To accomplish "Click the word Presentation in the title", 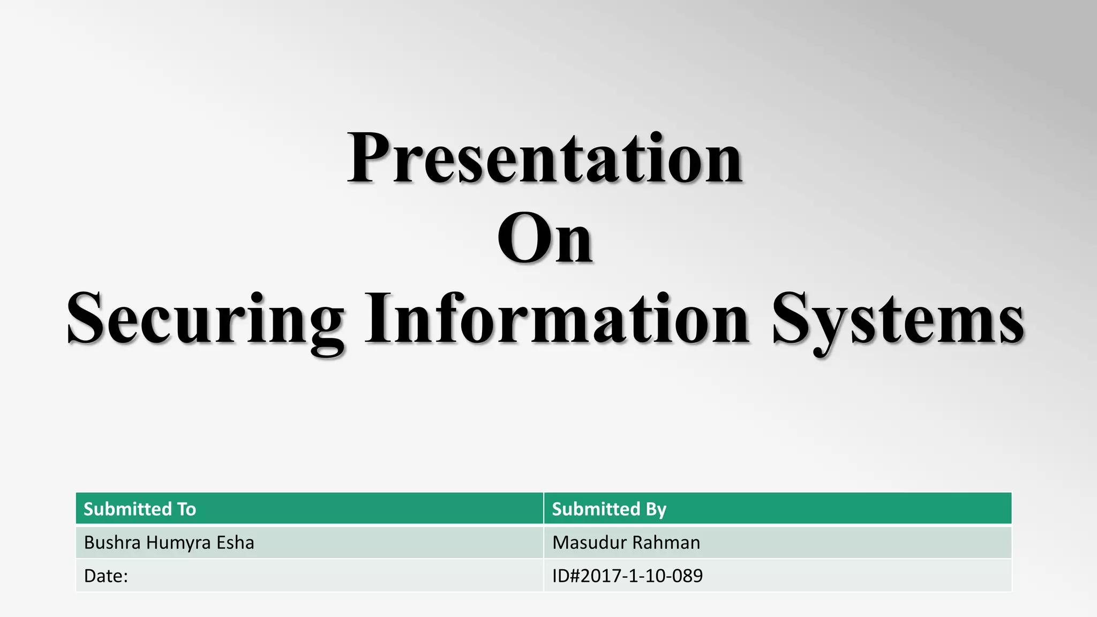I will pos(545,159).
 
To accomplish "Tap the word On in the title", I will pos(545,239).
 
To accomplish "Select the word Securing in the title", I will pos(206,320).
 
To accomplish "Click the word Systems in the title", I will pos(898,320).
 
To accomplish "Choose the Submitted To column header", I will pos(140,509).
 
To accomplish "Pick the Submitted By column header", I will pos(609,509).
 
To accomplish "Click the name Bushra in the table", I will pos(112,543).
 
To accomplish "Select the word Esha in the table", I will pos(235,543).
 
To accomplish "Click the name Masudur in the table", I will pos(587,543).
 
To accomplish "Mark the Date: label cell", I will pos(106,576).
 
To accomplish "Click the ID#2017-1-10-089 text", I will pos(627,576).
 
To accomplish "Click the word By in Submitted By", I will pos(656,509).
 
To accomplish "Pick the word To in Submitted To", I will pos(186,509).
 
